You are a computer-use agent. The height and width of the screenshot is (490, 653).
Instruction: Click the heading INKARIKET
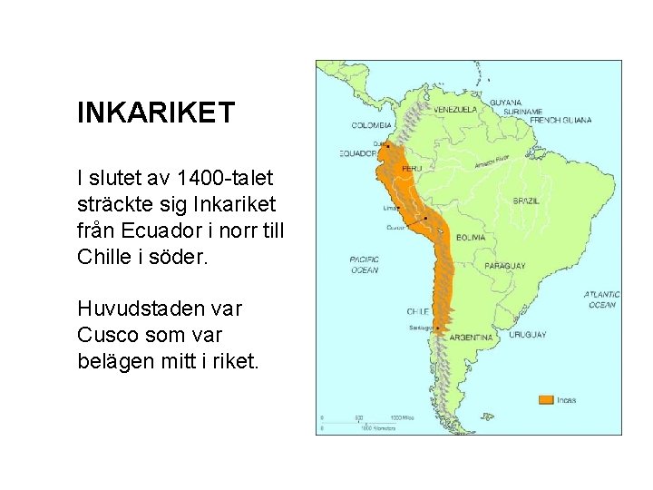coord(156,113)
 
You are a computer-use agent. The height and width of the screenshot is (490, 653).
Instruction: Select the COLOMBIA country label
coord(372,124)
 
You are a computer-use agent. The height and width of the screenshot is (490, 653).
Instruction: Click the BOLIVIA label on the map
coord(471,237)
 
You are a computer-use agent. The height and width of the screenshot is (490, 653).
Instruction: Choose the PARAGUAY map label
coord(504,266)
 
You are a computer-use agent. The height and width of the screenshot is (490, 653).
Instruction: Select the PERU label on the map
coord(412,169)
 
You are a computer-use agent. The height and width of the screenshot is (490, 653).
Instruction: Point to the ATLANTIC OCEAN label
coord(601,299)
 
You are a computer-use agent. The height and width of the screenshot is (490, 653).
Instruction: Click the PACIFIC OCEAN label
coord(364,265)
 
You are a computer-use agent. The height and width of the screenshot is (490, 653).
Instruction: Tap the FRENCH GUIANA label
coord(560,120)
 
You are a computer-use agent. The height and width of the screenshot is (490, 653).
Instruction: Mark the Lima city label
coord(390,207)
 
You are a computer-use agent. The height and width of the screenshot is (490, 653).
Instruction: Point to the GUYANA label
coord(506,102)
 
